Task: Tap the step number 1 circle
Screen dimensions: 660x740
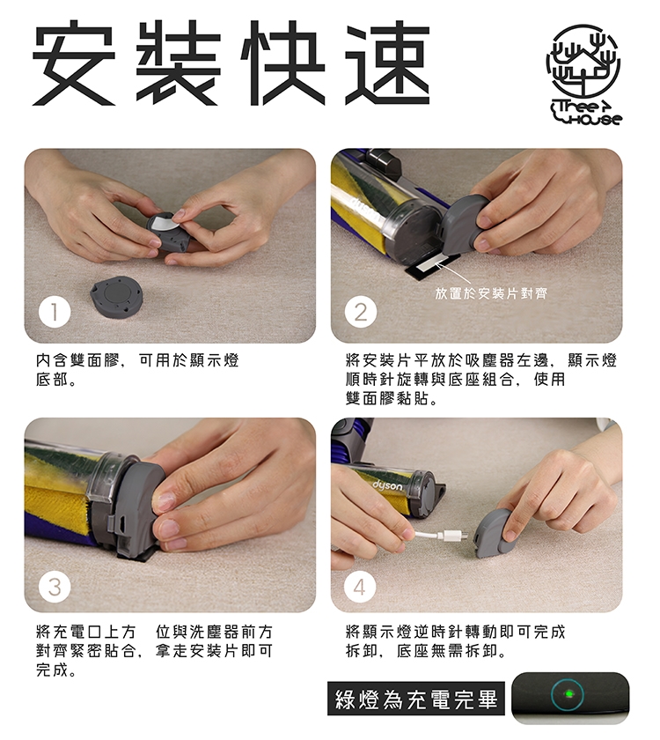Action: click(55, 312)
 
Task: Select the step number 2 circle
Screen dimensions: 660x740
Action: click(361, 312)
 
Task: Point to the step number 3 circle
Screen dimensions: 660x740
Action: click(55, 587)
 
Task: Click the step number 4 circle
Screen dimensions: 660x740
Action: click(360, 587)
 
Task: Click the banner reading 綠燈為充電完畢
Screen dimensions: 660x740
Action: click(416, 699)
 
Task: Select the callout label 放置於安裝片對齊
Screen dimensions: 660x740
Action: click(491, 293)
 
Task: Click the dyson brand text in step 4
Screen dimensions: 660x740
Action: click(387, 485)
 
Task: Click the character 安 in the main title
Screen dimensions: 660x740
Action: click(74, 63)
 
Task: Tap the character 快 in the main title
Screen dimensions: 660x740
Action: click(282, 63)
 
